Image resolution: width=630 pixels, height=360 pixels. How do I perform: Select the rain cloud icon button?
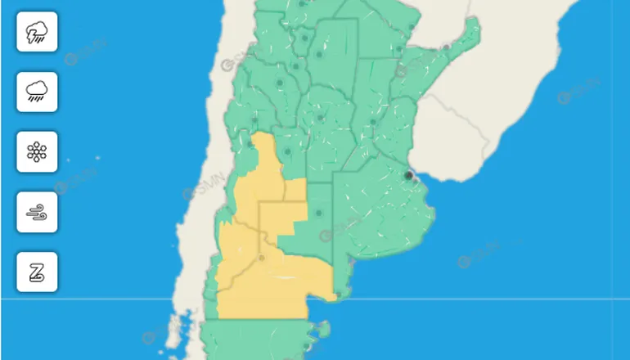[37, 91]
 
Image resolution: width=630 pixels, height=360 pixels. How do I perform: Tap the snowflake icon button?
[37, 151]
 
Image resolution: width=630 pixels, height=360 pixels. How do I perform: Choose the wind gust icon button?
[37, 212]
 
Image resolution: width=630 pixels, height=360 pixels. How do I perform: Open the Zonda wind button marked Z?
[37, 272]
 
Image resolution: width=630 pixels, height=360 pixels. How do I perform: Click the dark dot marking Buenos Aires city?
[409, 174]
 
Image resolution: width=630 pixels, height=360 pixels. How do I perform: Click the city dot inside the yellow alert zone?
[262, 258]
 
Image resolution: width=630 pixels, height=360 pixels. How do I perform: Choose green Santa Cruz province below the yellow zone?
[254, 340]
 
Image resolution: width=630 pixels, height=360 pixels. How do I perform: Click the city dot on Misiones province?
[447, 47]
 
